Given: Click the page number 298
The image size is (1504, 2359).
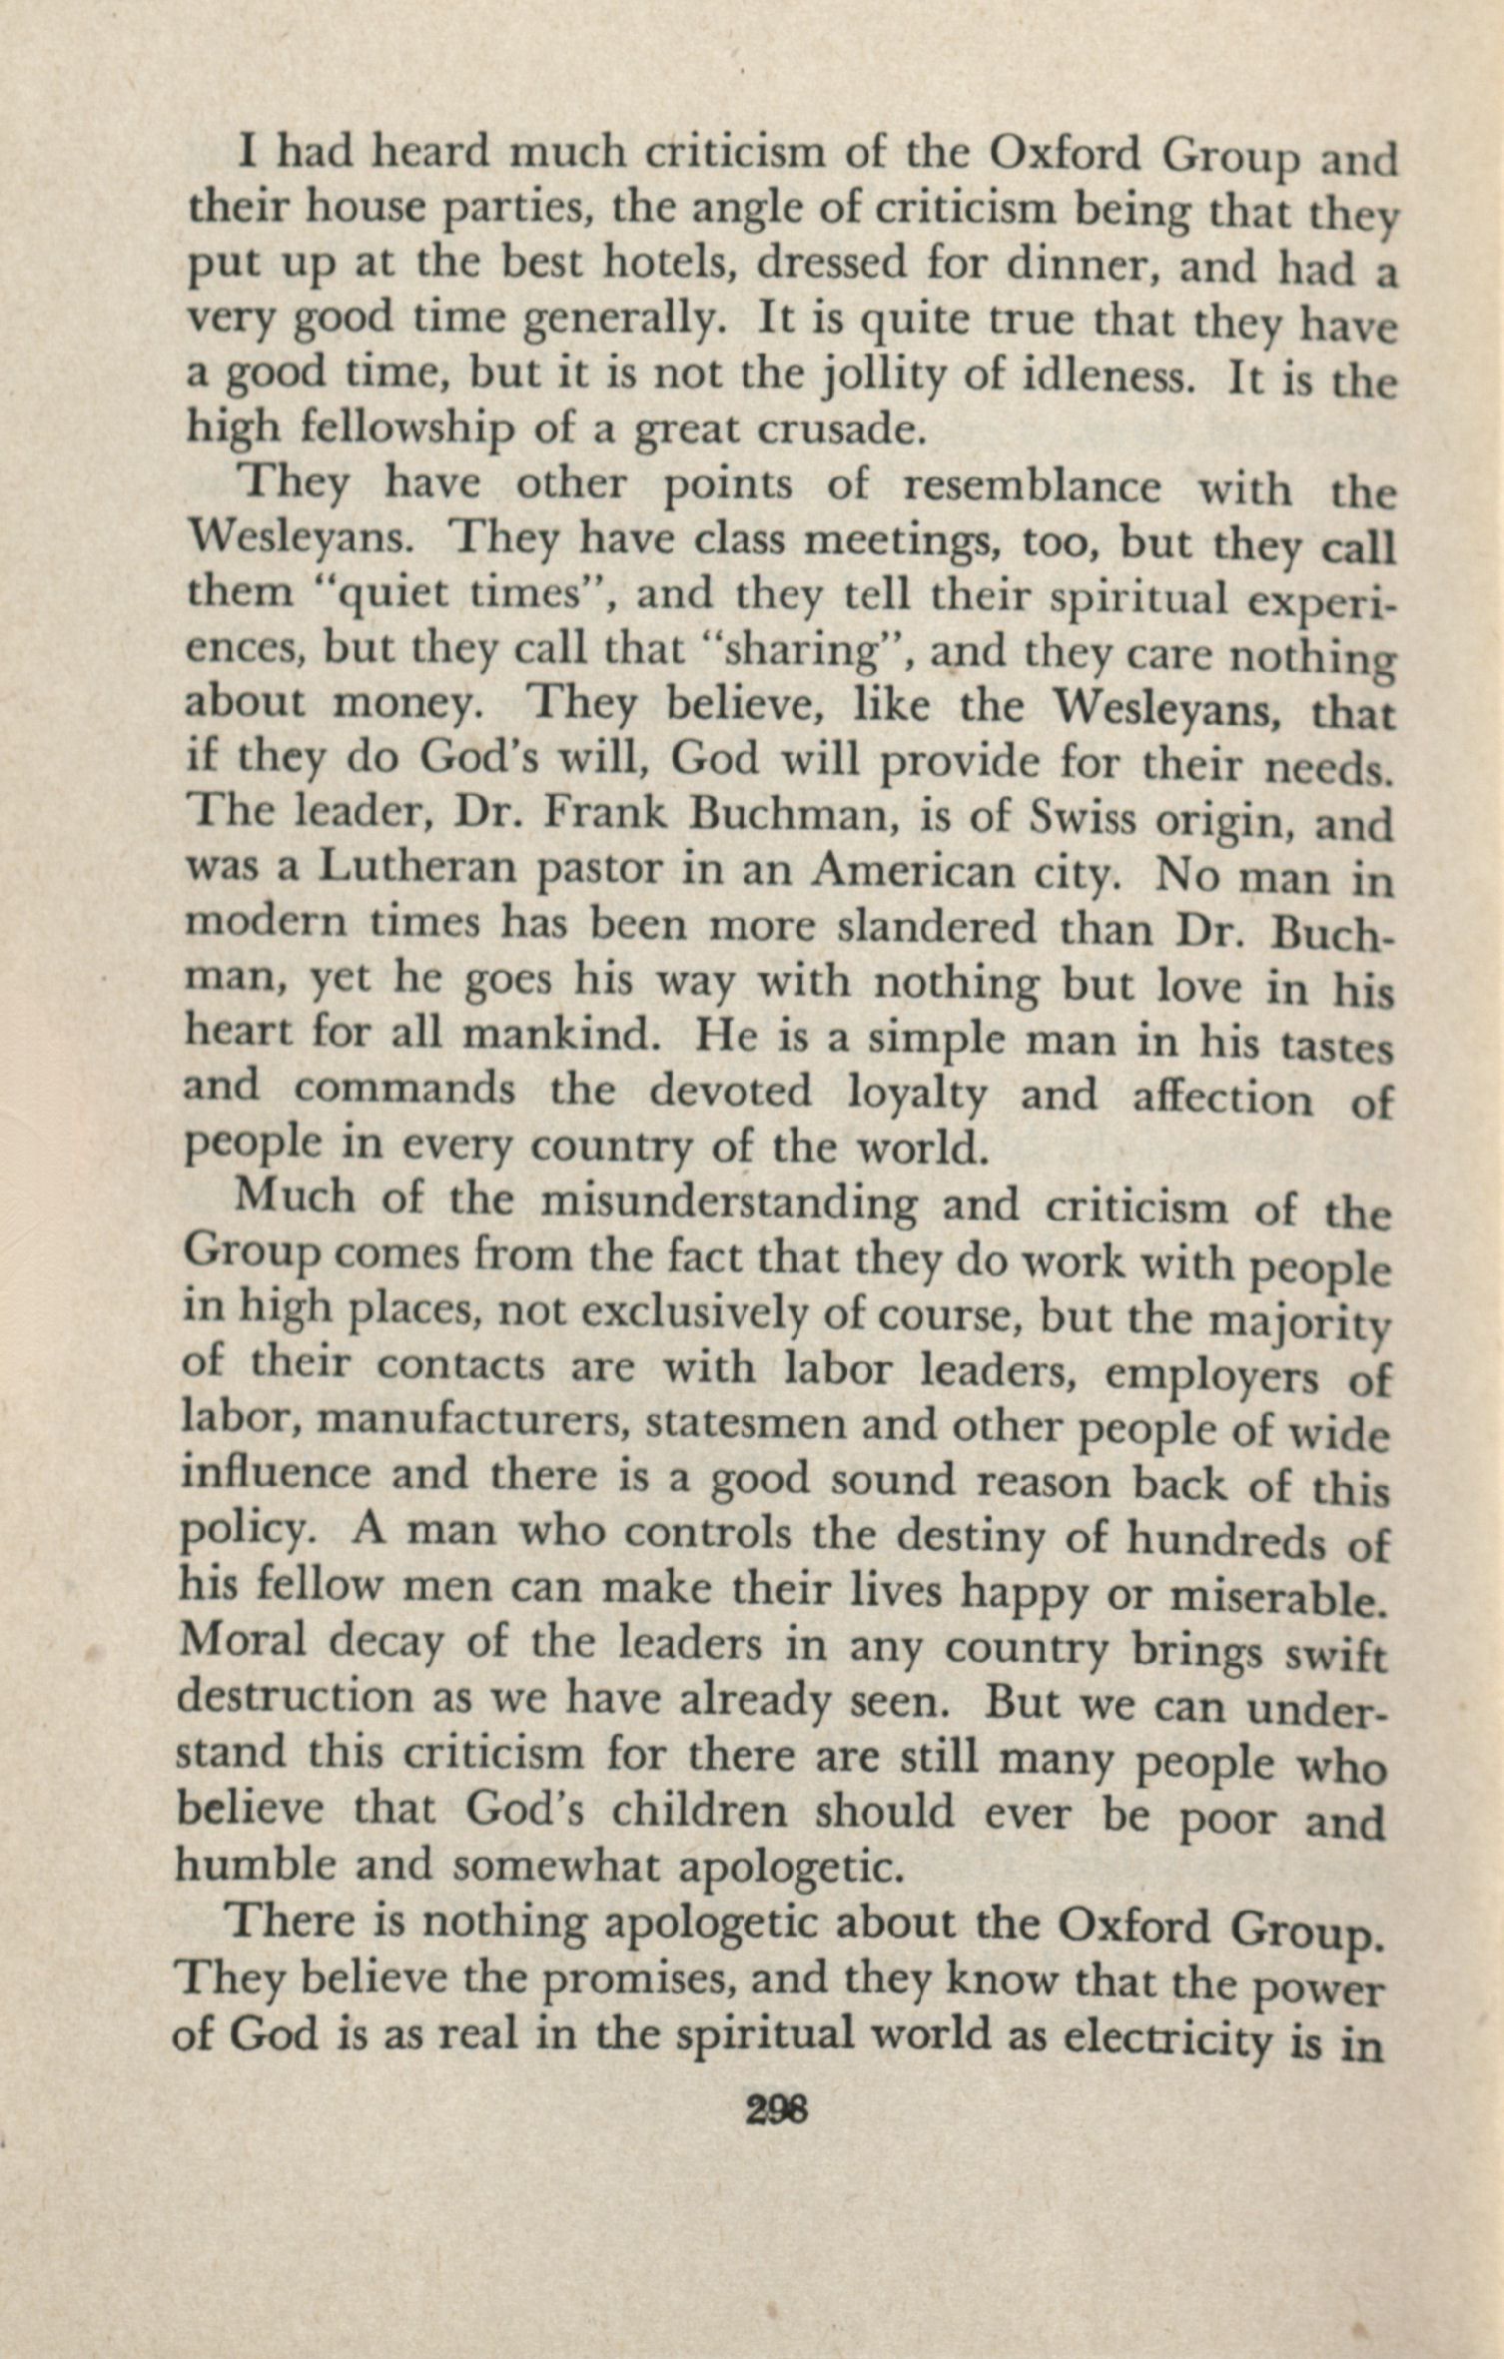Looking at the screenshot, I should pos(776,2111).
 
